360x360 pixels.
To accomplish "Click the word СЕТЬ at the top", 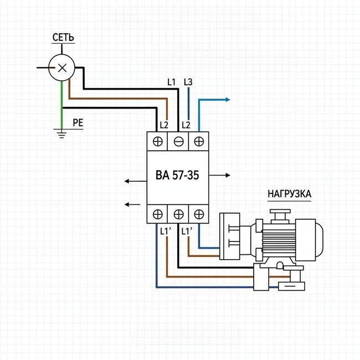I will [x=63, y=38].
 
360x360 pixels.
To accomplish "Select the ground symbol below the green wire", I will [x=61, y=132].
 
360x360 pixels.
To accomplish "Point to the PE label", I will [x=78, y=123].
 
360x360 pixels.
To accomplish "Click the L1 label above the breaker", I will [x=171, y=82].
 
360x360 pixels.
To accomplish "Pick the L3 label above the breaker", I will [x=187, y=82].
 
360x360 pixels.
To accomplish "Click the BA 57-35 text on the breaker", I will [x=177, y=176].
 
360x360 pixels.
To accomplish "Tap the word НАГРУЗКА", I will [x=289, y=194].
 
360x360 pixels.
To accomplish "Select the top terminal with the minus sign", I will [x=178, y=141].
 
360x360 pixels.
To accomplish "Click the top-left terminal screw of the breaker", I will [x=157, y=141].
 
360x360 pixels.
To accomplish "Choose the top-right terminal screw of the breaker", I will [x=198, y=141].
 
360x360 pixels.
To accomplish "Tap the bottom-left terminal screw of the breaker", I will [x=157, y=214].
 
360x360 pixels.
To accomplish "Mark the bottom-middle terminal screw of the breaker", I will [x=178, y=214].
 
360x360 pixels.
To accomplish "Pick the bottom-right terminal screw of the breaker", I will [x=198, y=214].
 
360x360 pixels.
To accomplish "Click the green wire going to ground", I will [x=61, y=105].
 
